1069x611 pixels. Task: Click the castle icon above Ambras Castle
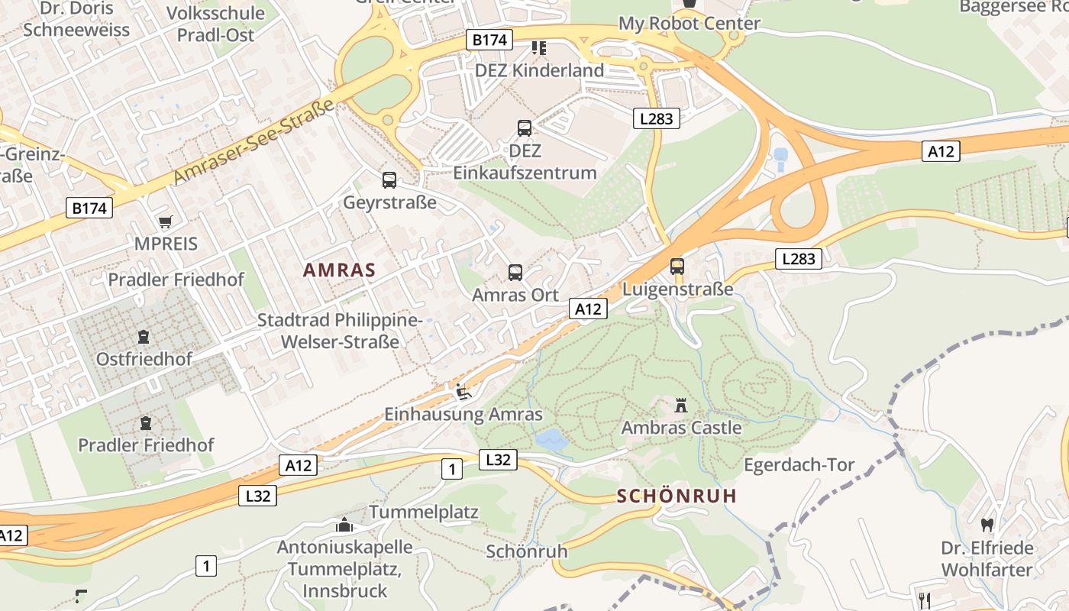(681, 405)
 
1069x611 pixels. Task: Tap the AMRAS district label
(339, 270)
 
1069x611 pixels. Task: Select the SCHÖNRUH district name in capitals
(677, 496)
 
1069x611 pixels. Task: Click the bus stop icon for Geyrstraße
(389, 180)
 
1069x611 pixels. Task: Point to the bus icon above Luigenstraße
(677, 267)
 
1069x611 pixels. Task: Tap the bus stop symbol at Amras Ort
(515, 273)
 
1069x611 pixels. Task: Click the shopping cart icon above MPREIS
(165, 222)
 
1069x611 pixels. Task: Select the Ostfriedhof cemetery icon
(143, 336)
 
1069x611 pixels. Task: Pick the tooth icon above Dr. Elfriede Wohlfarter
(987, 525)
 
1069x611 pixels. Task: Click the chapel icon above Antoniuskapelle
(344, 525)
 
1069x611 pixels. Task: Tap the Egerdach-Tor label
(799, 465)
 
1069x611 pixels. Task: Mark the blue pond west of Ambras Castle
(551, 439)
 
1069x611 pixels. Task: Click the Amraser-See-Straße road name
(254, 141)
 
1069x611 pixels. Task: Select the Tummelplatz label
(424, 512)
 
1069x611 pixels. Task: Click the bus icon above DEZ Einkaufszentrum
(525, 128)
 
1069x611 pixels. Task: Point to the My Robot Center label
(689, 24)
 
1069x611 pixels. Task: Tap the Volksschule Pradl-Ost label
(215, 24)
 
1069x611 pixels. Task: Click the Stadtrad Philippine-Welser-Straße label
(340, 331)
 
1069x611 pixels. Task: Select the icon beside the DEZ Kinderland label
(539, 48)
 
